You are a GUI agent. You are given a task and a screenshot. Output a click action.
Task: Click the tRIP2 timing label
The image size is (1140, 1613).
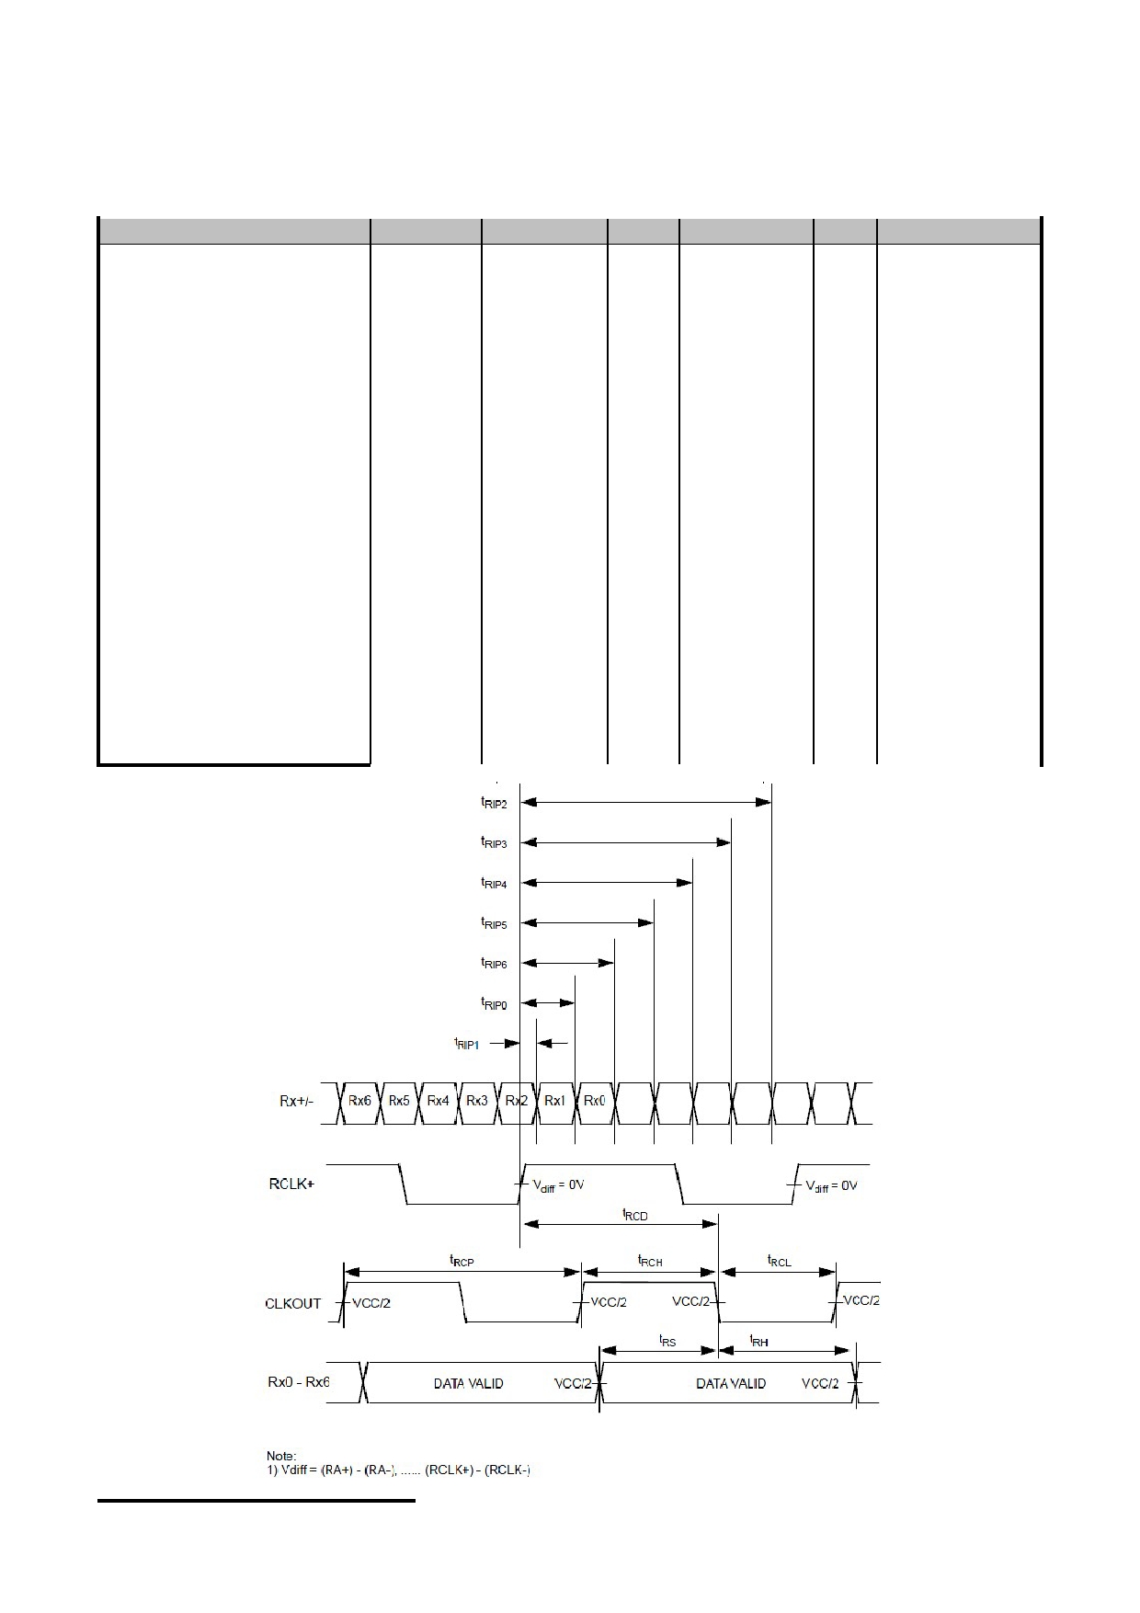[x=494, y=803]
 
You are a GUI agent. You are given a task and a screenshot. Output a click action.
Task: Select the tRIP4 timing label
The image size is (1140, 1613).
[x=494, y=884]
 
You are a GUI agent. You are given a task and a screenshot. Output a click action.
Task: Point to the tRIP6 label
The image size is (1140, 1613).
[x=494, y=964]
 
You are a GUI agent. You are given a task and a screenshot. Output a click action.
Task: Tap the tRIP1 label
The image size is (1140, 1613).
[x=466, y=1044]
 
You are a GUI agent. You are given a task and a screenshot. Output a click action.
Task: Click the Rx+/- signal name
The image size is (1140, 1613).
[x=296, y=1102]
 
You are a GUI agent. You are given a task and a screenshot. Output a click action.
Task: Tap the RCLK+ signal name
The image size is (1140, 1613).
[x=291, y=1184]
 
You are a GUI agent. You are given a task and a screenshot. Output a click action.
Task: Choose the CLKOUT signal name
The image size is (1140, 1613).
[x=292, y=1303]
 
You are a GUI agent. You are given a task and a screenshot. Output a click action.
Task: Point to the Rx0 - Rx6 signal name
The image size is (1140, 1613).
[x=299, y=1381]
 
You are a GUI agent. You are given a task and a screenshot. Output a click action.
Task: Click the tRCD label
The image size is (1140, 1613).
[x=635, y=1216]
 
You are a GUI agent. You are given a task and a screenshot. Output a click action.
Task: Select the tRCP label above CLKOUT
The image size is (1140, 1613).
[x=462, y=1262]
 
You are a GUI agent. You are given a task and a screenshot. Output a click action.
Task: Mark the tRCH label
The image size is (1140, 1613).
[x=650, y=1262]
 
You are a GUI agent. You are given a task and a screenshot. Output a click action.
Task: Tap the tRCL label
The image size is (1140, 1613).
[x=780, y=1262]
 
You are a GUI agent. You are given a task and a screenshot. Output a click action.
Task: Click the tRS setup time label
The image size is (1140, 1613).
[x=667, y=1342]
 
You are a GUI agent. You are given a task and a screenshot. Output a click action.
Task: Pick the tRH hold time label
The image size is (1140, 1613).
[x=758, y=1342]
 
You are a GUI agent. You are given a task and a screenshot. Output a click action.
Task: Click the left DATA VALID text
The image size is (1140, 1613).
[x=468, y=1383]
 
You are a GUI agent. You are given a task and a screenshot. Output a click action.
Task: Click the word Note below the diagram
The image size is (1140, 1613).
[x=281, y=1456]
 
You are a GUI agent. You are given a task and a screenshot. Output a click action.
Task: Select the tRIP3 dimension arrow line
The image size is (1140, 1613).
[x=627, y=842]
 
